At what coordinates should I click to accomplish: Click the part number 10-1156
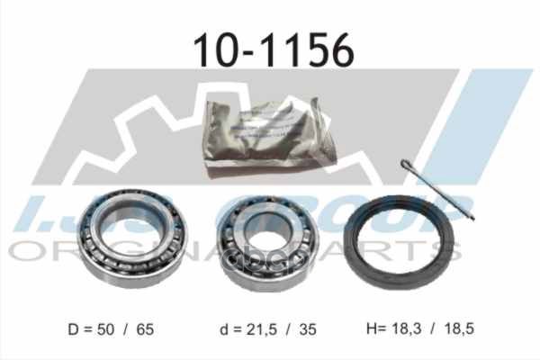coord(270,52)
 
